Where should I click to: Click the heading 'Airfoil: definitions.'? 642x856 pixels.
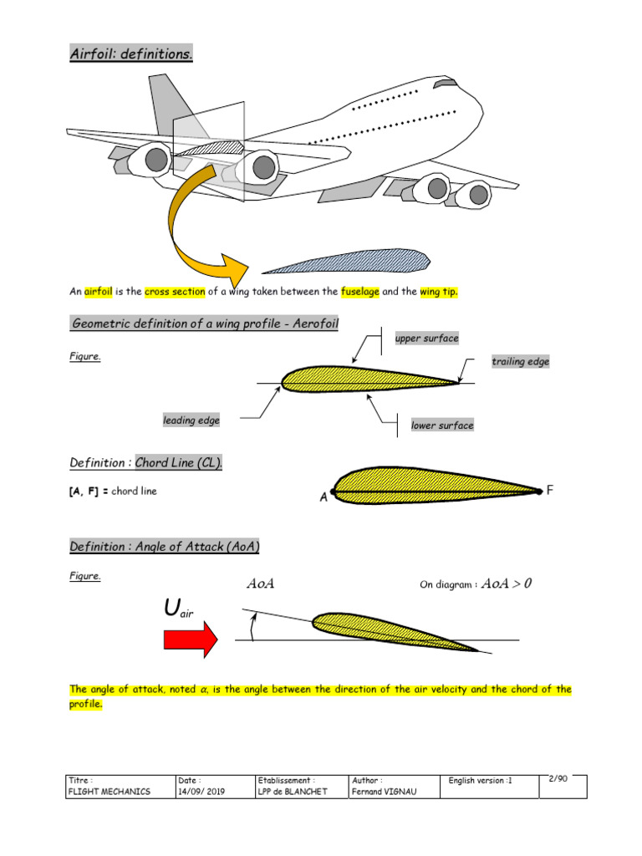tap(131, 54)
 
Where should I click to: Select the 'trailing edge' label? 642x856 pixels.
tap(520, 361)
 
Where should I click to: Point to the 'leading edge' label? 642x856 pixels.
tap(191, 420)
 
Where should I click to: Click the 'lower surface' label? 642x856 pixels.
tap(442, 425)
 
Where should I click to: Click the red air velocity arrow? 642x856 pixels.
tap(191, 640)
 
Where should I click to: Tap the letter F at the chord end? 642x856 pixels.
tap(550, 491)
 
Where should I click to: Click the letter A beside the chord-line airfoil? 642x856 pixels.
tap(324, 497)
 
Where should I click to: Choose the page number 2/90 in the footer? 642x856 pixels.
tap(558, 779)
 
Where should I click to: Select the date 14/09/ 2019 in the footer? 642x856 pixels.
tap(201, 792)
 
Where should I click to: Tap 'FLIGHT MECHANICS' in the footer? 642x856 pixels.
tap(110, 792)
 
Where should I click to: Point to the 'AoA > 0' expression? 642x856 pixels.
tap(506, 584)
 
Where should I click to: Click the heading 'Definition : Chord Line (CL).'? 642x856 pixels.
tap(146, 463)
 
